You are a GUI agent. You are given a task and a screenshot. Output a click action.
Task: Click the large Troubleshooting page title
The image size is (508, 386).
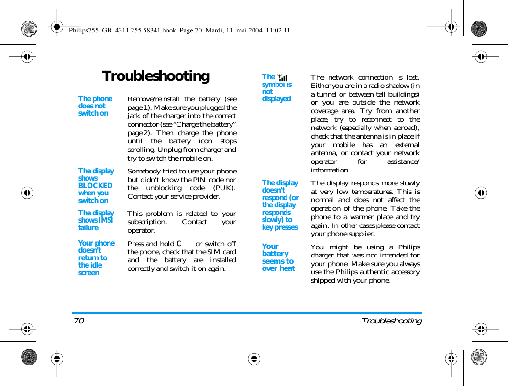pos(155,76)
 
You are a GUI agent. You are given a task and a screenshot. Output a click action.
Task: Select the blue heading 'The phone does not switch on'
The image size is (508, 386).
pos(95,106)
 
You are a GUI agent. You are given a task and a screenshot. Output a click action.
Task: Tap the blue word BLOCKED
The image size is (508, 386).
pos(95,186)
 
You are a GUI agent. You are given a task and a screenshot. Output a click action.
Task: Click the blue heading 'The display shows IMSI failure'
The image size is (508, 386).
pos(96,220)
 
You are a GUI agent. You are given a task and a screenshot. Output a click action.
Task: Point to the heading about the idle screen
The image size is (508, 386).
pos(96,258)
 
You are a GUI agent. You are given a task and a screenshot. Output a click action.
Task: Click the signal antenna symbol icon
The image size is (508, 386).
pos(282,77)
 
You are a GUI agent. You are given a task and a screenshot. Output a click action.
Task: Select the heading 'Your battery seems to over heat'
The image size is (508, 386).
pos(278,257)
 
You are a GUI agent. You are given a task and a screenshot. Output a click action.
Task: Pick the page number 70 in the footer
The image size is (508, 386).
pos(79,321)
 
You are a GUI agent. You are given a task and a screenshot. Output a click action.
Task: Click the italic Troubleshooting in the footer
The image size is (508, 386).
pos(391,321)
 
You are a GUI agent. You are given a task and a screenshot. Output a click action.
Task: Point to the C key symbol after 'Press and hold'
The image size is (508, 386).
pos(179,244)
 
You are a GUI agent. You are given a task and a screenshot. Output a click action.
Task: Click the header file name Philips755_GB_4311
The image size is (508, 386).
pos(108,31)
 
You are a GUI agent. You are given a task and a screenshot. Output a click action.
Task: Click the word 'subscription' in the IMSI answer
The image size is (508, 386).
pos(147,222)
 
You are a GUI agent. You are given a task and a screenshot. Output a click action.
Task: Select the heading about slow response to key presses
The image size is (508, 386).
pos(280,205)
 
